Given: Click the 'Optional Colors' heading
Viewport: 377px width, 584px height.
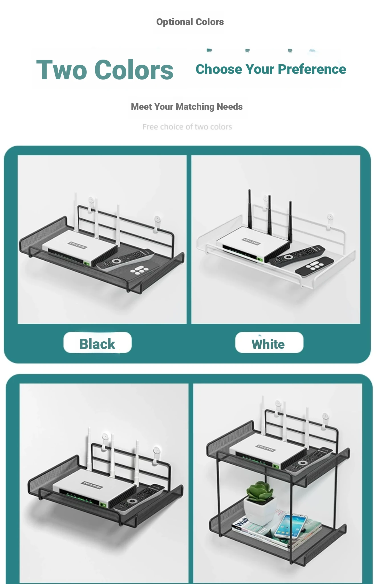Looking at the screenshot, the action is (190, 22).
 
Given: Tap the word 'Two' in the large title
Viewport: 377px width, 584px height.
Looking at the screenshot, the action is (62, 70).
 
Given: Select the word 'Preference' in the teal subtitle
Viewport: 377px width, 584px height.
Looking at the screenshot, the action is (312, 69).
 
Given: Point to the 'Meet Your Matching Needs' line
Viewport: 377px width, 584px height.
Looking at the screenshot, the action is (187, 107).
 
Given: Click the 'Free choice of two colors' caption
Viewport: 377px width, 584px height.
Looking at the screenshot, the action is (187, 127).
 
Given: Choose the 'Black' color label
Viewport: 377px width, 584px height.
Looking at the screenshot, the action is (97, 344).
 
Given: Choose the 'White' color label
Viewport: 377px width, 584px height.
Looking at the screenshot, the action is (268, 344).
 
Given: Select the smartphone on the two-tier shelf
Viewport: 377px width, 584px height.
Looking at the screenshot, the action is (290, 526).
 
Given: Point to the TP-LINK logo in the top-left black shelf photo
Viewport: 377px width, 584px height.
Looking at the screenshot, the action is (78, 245).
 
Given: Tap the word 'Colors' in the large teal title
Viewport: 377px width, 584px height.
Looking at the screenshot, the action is (134, 70).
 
